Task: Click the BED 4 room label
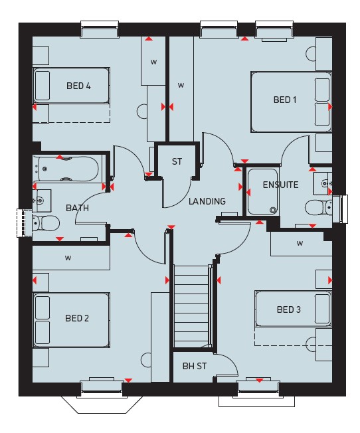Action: click(x=78, y=86)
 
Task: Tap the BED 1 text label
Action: click(x=285, y=100)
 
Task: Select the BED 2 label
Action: click(x=77, y=318)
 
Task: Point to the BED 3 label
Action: click(x=289, y=309)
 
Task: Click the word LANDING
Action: click(x=207, y=201)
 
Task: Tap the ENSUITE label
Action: click(x=280, y=185)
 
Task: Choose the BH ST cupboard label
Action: click(x=195, y=366)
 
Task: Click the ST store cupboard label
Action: click(x=177, y=161)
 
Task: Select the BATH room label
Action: click(x=77, y=208)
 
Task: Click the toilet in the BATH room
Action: click(x=46, y=223)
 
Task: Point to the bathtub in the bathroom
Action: click(x=66, y=169)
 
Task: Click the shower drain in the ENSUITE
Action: click(x=273, y=211)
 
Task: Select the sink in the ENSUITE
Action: click(x=323, y=183)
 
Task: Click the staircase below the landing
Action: click(x=191, y=306)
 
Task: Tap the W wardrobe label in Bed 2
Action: click(x=68, y=258)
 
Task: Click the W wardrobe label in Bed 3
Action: click(x=300, y=244)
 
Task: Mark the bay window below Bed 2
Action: click(x=102, y=405)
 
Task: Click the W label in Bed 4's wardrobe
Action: click(x=153, y=62)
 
